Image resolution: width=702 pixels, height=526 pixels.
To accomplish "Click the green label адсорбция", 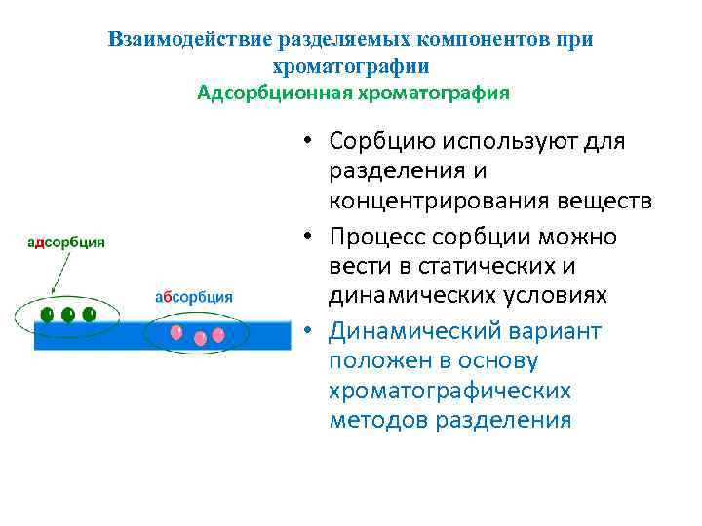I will pyautogui.click(x=66, y=244).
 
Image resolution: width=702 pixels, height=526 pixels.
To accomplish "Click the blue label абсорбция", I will pyautogui.click(x=194, y=297).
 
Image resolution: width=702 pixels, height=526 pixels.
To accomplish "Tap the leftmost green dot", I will pyautogui.click(x=47, y=315).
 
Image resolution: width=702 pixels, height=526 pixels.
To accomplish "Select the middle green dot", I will pyautogui.click(x=68, y=315).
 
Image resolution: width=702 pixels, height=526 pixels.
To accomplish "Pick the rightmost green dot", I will pyautogui.click(x=90, y=315).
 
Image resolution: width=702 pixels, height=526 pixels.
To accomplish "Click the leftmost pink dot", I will pyautogui.click(x=176, y=333).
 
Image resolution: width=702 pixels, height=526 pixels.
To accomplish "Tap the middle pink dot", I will pyautogui.click(x=200, y=338).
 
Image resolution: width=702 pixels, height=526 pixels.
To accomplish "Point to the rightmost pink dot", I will pyautogui.click(x=218, y=334).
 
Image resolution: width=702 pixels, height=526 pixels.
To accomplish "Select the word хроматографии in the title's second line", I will pyautogui.click(x=351, y=67).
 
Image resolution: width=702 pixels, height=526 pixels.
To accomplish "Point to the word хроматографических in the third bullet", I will pyautogui.click(x=449, y=392).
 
